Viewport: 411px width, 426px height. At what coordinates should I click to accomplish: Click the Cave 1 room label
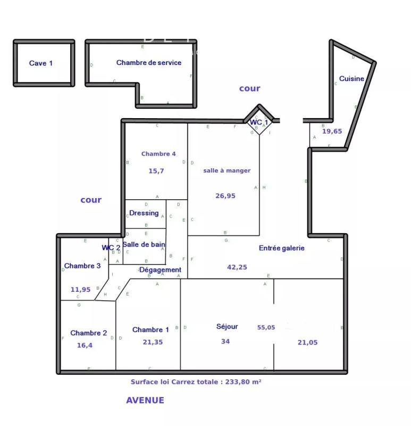[x=41, y=63]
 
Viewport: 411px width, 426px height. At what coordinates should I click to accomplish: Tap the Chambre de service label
[x=149, y=62]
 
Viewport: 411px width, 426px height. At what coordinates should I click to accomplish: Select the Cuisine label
[x=351, y=79]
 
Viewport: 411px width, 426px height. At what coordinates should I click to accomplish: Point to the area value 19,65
[x=332, y=131]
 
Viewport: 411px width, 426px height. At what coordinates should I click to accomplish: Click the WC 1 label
[x=259, y=122]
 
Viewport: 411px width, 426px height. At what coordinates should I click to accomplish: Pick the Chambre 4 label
[x=158, y=154]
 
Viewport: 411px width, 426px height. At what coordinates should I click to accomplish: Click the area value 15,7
[x=157, y=171]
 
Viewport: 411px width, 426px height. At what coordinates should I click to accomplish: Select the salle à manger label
[x=227, y=170]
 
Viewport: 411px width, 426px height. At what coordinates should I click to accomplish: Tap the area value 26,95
[x=225, y=195]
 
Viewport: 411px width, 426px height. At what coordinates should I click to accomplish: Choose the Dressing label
[x=144, y=213]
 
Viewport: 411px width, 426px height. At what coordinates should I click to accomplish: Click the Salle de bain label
[x=144, y=244]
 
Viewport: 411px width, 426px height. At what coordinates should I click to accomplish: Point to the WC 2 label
[x=111, y=248]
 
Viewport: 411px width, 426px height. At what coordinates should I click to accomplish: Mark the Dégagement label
[x=160, y=270]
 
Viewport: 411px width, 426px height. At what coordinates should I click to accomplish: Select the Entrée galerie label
[x=282, y=248]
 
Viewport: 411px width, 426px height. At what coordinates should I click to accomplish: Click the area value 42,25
[x=237, y=267]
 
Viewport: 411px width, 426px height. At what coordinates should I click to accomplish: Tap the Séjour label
[x=227, y=326]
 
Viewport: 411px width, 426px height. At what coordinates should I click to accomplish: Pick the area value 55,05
[x=266, y=327]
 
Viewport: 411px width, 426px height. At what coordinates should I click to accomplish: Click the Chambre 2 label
[x=89, y=333]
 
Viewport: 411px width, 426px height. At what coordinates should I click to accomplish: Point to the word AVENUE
[x=145, y=400]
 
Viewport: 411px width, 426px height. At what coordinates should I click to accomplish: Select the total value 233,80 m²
[x=242, y=382]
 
